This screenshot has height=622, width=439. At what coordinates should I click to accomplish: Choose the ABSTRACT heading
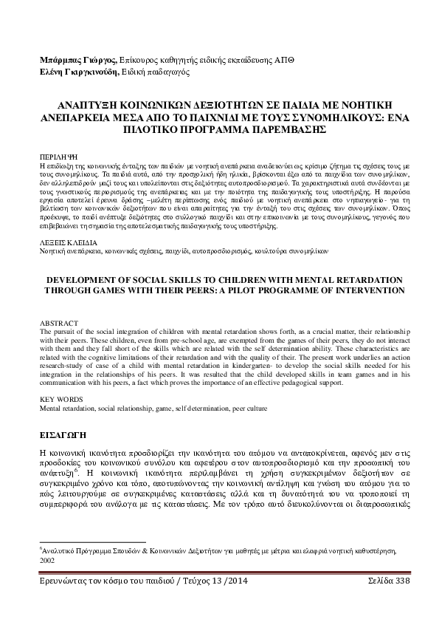click(56, 322)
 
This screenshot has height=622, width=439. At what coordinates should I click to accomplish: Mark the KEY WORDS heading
click(60, 399)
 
